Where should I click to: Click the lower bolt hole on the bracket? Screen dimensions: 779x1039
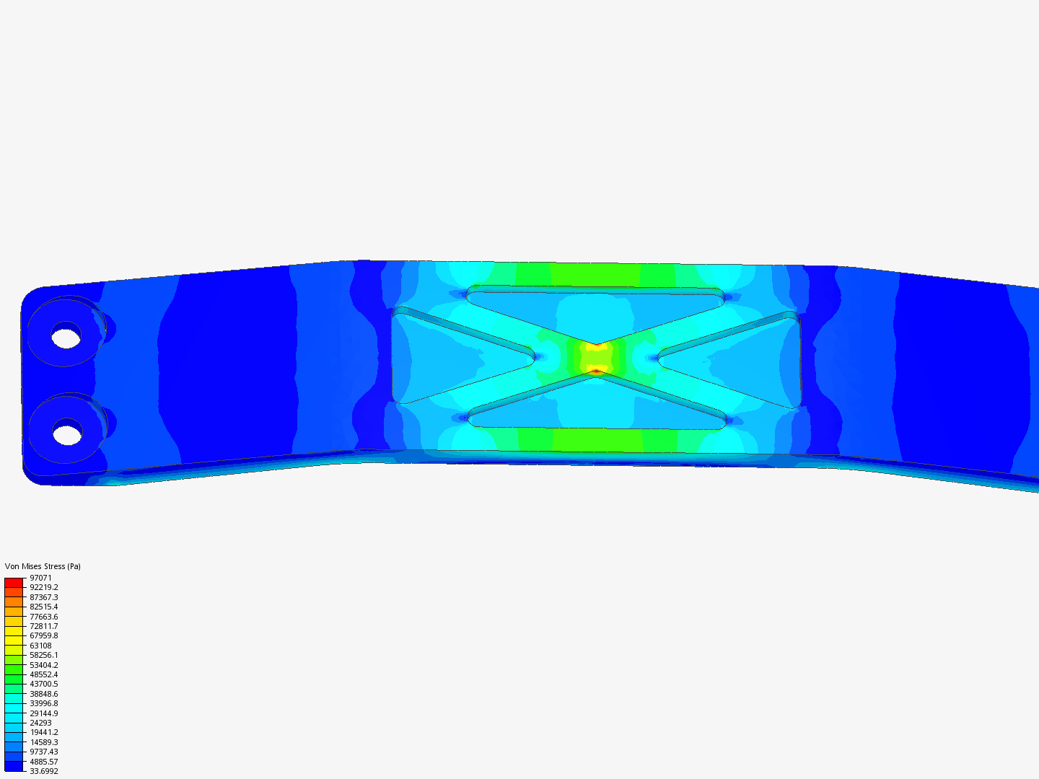point(67,435)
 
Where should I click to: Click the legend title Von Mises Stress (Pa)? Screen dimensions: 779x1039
point(43,566)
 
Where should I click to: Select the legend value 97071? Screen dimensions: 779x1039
point(40,578)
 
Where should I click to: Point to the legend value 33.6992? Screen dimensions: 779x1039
point(43,771)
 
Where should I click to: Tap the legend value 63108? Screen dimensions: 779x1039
point(40,646)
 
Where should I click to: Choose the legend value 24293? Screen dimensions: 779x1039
point(40,723)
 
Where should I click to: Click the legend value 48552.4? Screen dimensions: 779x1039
point(43,674)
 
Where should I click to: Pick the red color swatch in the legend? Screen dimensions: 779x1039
point(14,582)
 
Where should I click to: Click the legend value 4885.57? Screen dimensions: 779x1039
point(43,762)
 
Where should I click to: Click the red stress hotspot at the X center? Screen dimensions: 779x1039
point(596,371)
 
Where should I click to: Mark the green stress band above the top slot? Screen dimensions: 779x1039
point(596,275)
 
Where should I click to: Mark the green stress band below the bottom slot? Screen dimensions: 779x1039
point(596,439)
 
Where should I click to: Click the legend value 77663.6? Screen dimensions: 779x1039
point(43,617)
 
